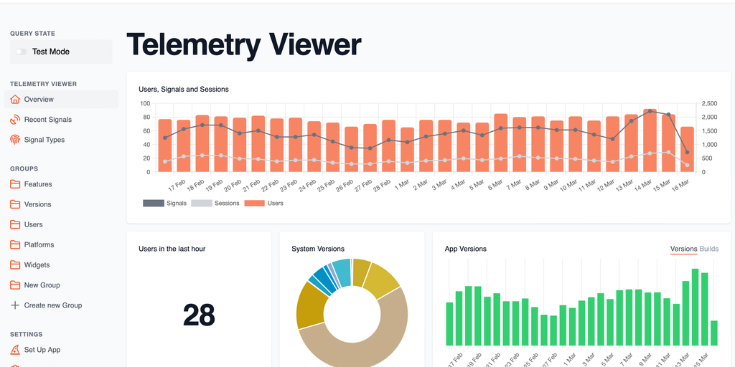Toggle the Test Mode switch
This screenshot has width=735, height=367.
tap(22, 52)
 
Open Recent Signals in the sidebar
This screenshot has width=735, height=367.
tap(47, 120)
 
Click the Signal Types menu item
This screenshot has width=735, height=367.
tap(44, 140)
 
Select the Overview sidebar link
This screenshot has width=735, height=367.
tap(39, 100)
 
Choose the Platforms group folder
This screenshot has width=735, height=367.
tap(39, 244)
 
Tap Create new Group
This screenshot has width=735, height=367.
tap(52, 305)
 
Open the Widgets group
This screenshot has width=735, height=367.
tap(37, 265)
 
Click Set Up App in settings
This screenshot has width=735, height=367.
tap(42, 350)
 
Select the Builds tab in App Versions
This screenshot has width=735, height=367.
tap(708, 249)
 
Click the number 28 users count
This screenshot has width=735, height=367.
tap(199, 315)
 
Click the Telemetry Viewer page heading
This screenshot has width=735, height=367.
tap(243, 44)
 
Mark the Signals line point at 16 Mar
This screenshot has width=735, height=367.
tap(687, 152)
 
